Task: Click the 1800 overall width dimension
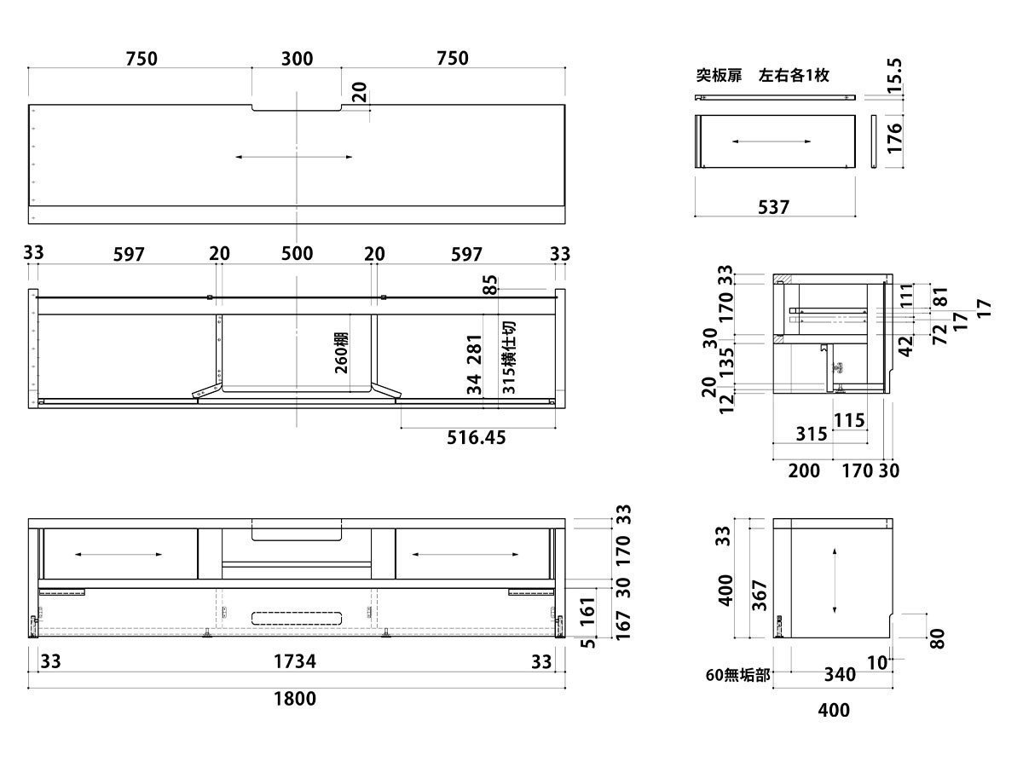[x=294, y=699]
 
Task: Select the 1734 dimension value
[x=294, y=661]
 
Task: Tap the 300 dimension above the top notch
[x=297, y=59]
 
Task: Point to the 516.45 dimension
[x=477, y=437]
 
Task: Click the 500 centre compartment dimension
[x=297, y=254]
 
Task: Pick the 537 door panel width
[x=774, y=207]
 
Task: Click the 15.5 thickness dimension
[x=893, y=77]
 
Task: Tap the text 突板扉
[x=716, y=76]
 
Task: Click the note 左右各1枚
[x=794, y=76]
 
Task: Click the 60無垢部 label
[x=737, y=676]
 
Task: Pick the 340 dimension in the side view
[x=840, y=675]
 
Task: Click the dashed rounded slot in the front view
[x=298, y=618]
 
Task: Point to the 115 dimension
[x=849, y=419]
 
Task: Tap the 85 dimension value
[x=489, y=285]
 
